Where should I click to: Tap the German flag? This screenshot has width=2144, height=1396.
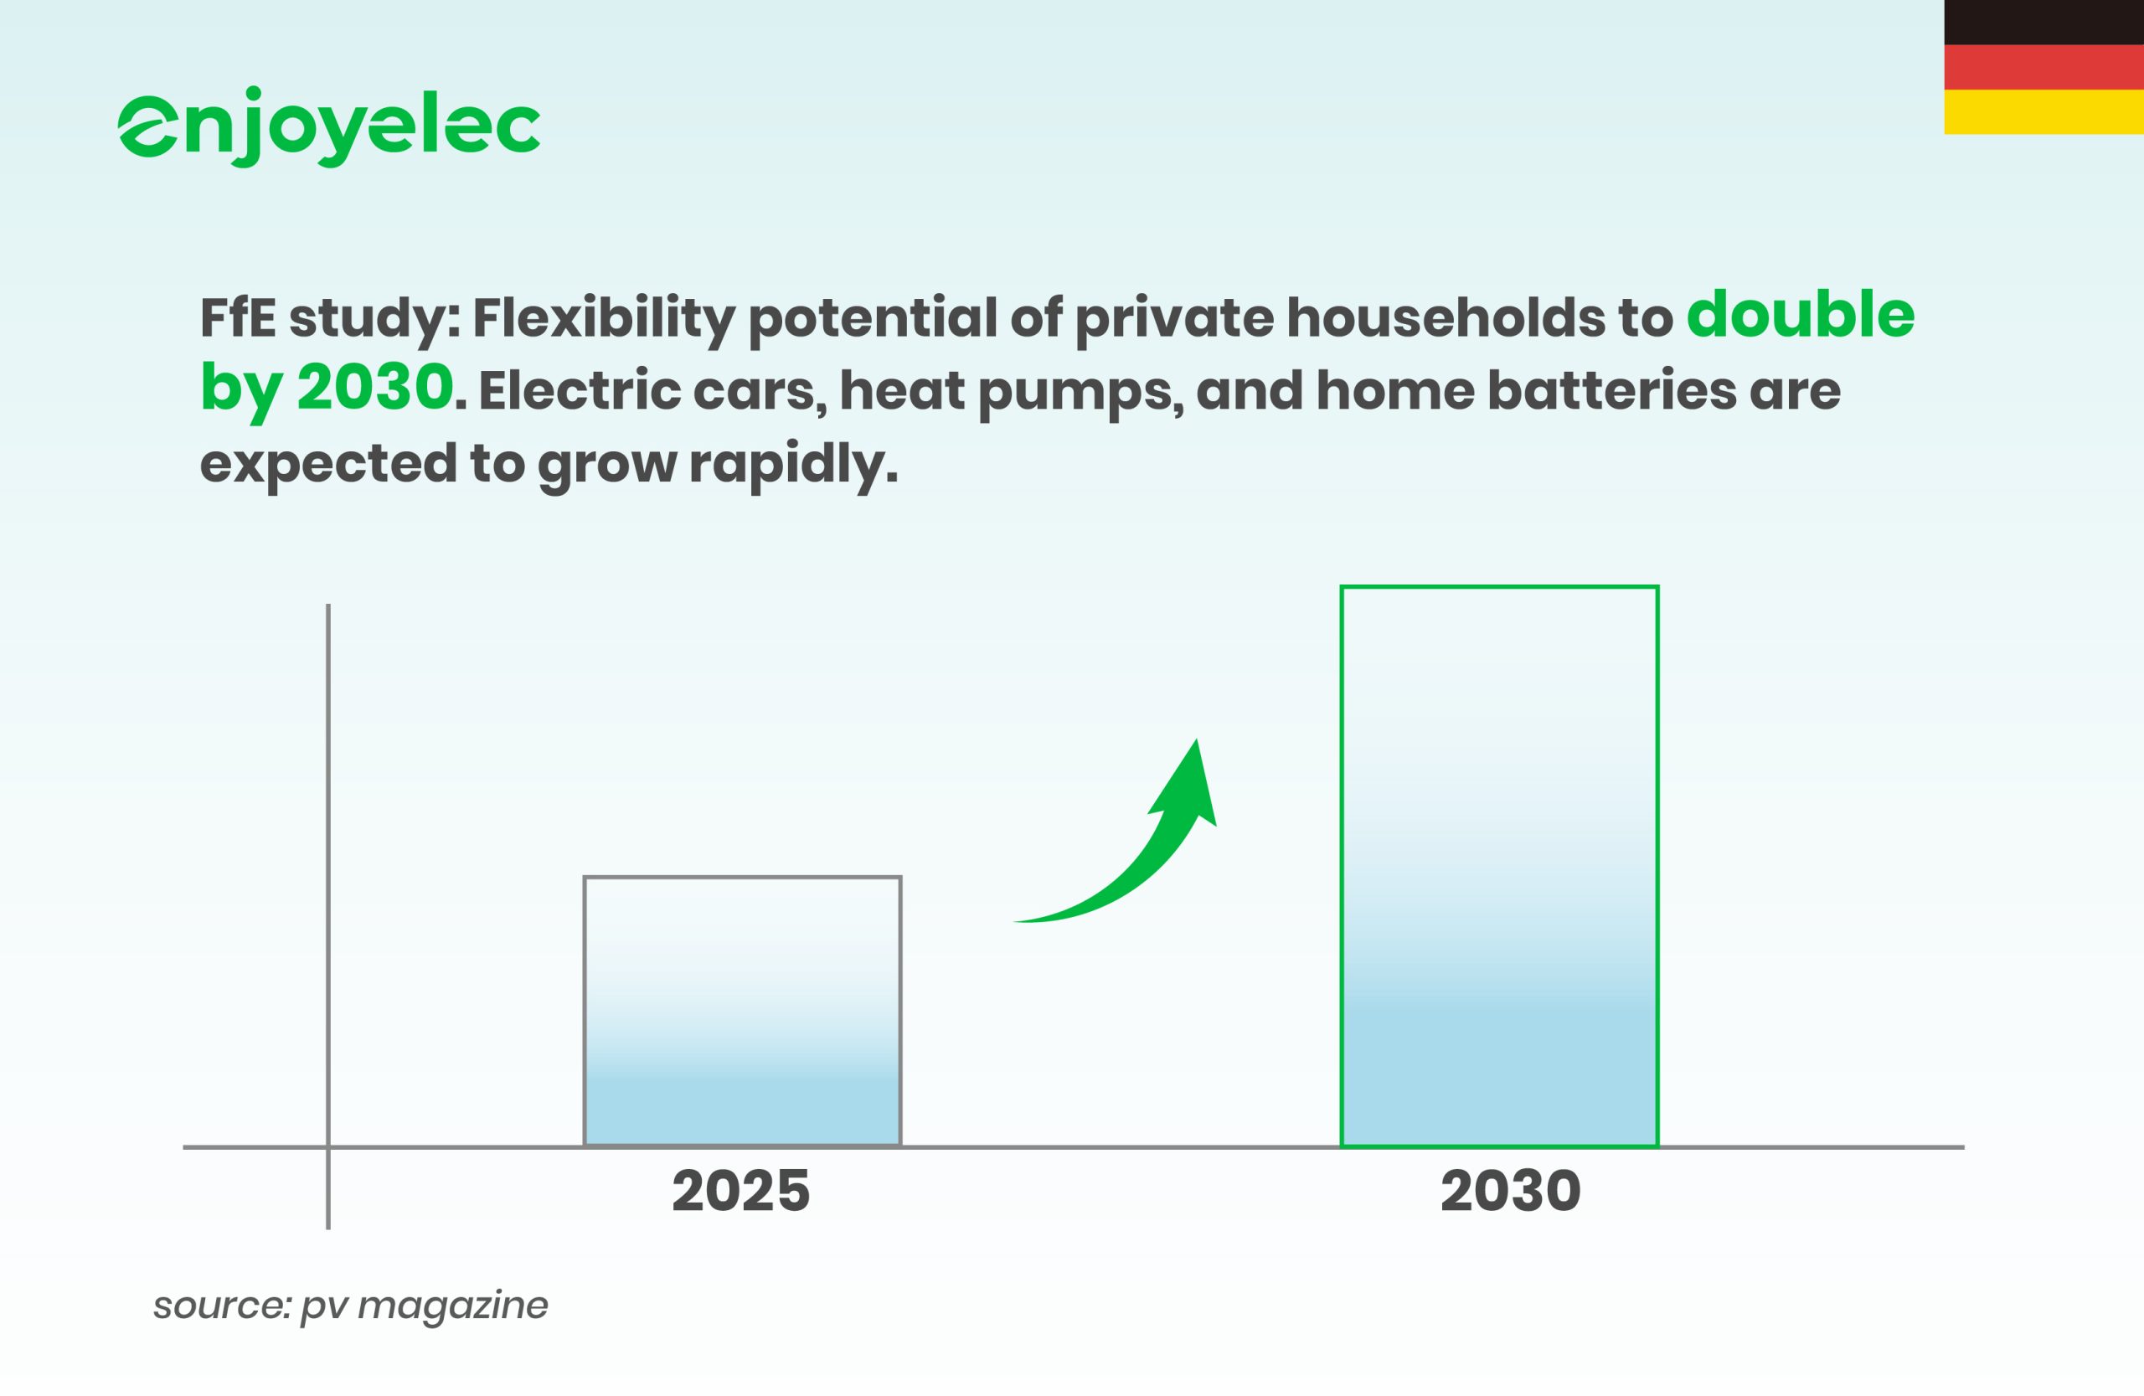[2044, 67]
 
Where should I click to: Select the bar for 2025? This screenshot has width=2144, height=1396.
[742, 1011]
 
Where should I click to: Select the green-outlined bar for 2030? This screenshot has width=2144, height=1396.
[1499, 867]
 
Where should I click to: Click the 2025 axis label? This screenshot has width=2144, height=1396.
[740, 1191]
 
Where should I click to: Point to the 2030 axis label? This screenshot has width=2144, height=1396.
[1510, 1191]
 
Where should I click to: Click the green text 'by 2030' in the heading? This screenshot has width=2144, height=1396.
[326, 389]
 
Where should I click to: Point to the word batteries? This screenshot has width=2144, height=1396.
[1611, 391]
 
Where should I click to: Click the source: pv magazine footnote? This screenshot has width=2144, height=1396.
[350, 1305]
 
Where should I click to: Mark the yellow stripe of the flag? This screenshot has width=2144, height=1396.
[2044, 111]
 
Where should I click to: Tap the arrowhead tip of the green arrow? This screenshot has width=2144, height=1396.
[1195, 740]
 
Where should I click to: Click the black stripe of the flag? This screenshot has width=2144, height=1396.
[2044, 23]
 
